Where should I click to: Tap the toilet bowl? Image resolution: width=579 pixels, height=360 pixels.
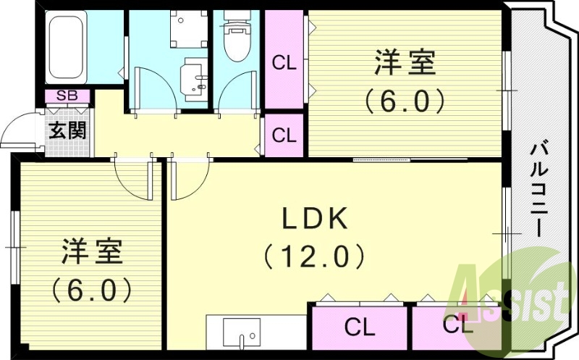click(x=237, y=36)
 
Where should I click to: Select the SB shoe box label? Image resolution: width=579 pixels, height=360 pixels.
click(x=67, y=96)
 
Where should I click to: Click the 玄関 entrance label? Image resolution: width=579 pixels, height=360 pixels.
click(x=67, y=130)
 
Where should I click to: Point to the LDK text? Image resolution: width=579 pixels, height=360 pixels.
click(x=315, y=219)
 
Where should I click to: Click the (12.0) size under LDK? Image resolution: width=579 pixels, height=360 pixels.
click(x=314, y=256)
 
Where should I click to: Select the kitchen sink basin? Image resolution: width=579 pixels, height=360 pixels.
click(x=242, y=332)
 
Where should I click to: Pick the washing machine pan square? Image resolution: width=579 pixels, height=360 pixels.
click(x=189, y=29)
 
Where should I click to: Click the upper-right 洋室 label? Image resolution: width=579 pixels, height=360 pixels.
click(x=405, y=64)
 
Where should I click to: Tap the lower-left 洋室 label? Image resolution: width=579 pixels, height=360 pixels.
click(x=92, y=251)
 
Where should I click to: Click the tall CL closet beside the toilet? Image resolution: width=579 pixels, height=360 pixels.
click(x=284, y=59)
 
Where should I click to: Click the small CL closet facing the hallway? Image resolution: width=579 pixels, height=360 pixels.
click(x=284, y=135)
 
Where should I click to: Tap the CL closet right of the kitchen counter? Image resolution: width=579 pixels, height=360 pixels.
click(x=359, y=327)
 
